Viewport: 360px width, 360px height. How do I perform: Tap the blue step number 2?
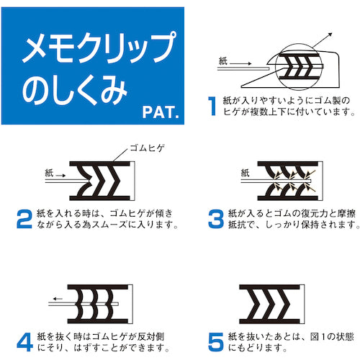click(22, 217)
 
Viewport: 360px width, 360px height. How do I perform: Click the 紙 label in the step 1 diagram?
click(224, 63)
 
